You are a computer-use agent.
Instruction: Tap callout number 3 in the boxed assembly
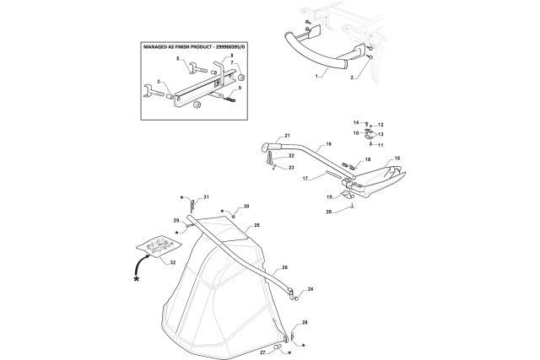pos(157,81)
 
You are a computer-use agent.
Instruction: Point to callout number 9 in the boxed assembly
pos(240,88)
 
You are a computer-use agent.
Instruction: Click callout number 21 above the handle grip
pos(286,137)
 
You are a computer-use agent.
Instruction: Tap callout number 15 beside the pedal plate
pos(397,159)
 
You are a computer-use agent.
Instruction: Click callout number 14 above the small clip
pos(355,124)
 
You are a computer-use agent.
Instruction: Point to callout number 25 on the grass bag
pos(256,226)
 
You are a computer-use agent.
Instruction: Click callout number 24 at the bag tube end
pos(310,289)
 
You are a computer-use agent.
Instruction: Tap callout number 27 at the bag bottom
pos(262,351)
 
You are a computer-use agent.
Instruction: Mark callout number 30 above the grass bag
pos(246,207)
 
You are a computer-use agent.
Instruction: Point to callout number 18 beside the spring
pos(367,159)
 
